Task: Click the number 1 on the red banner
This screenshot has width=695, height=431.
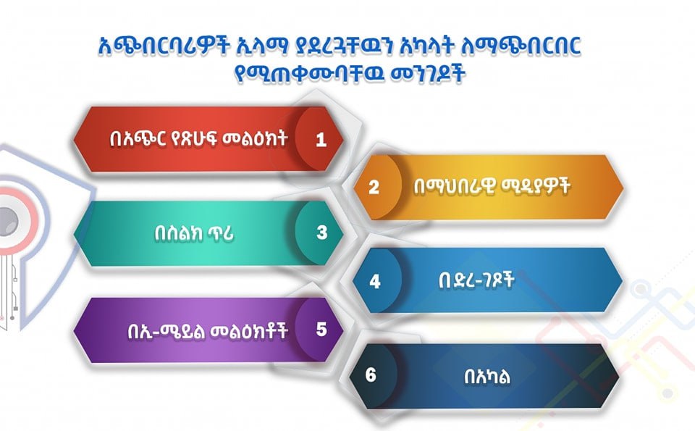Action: pos(321,140)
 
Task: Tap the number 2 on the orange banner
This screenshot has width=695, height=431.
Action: pos(374,187)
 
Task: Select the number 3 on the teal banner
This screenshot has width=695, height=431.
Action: pos(321,233)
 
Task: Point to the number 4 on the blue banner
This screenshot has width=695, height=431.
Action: pos(375,281)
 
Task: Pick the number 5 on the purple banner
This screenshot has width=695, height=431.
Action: pos(321,330)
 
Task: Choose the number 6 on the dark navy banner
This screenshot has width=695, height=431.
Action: pos(371,375)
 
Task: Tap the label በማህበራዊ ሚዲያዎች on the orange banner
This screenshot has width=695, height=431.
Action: pos(492,186)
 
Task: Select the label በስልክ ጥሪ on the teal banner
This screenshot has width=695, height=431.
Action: pos(194,233)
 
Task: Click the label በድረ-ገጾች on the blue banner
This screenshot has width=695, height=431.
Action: pos(476,280)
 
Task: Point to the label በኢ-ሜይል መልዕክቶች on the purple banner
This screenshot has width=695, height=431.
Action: pos(208,331)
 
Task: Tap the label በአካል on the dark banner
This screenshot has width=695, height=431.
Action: pos(487,377)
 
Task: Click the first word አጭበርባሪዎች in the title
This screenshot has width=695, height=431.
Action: pos(164,46)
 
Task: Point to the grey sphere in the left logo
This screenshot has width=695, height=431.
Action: pos(8,221)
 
